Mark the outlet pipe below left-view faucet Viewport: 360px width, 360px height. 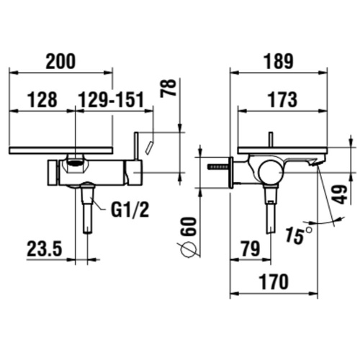87,209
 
